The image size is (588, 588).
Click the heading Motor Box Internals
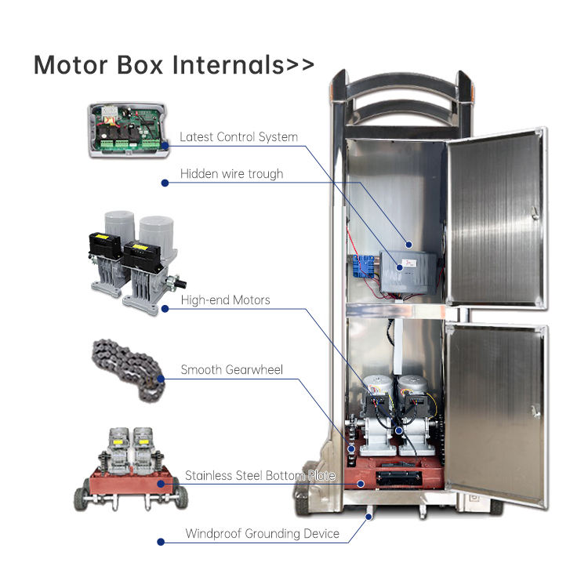[x=173, y=64]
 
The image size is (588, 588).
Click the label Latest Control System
[x=238, y=137]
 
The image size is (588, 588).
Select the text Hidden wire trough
[x=231, y=174]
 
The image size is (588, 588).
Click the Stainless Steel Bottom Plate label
[x=260, y=476]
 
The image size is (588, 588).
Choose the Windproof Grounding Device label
[x=262, y=534]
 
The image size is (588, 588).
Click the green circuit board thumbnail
[x=127, y=130]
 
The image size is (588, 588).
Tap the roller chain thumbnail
[x=129, y=371]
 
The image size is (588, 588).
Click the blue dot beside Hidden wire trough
[x=165, y=183]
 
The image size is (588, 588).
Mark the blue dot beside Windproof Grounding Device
[x=162, y=542]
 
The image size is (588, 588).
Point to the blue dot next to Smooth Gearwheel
[x=162, y=379]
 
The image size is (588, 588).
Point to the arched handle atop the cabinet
[x=401, y=93]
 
